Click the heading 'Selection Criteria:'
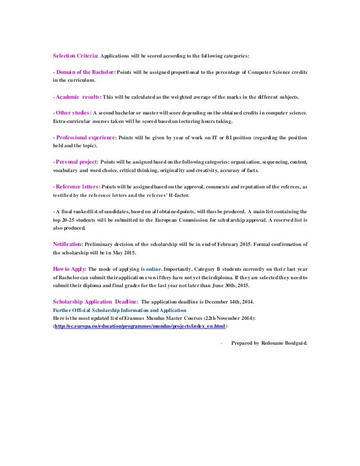tap(75, 56)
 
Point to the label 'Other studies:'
tap(73, 113)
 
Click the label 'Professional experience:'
tap(85, 137)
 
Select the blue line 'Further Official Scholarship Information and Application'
tap(123, 310)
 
